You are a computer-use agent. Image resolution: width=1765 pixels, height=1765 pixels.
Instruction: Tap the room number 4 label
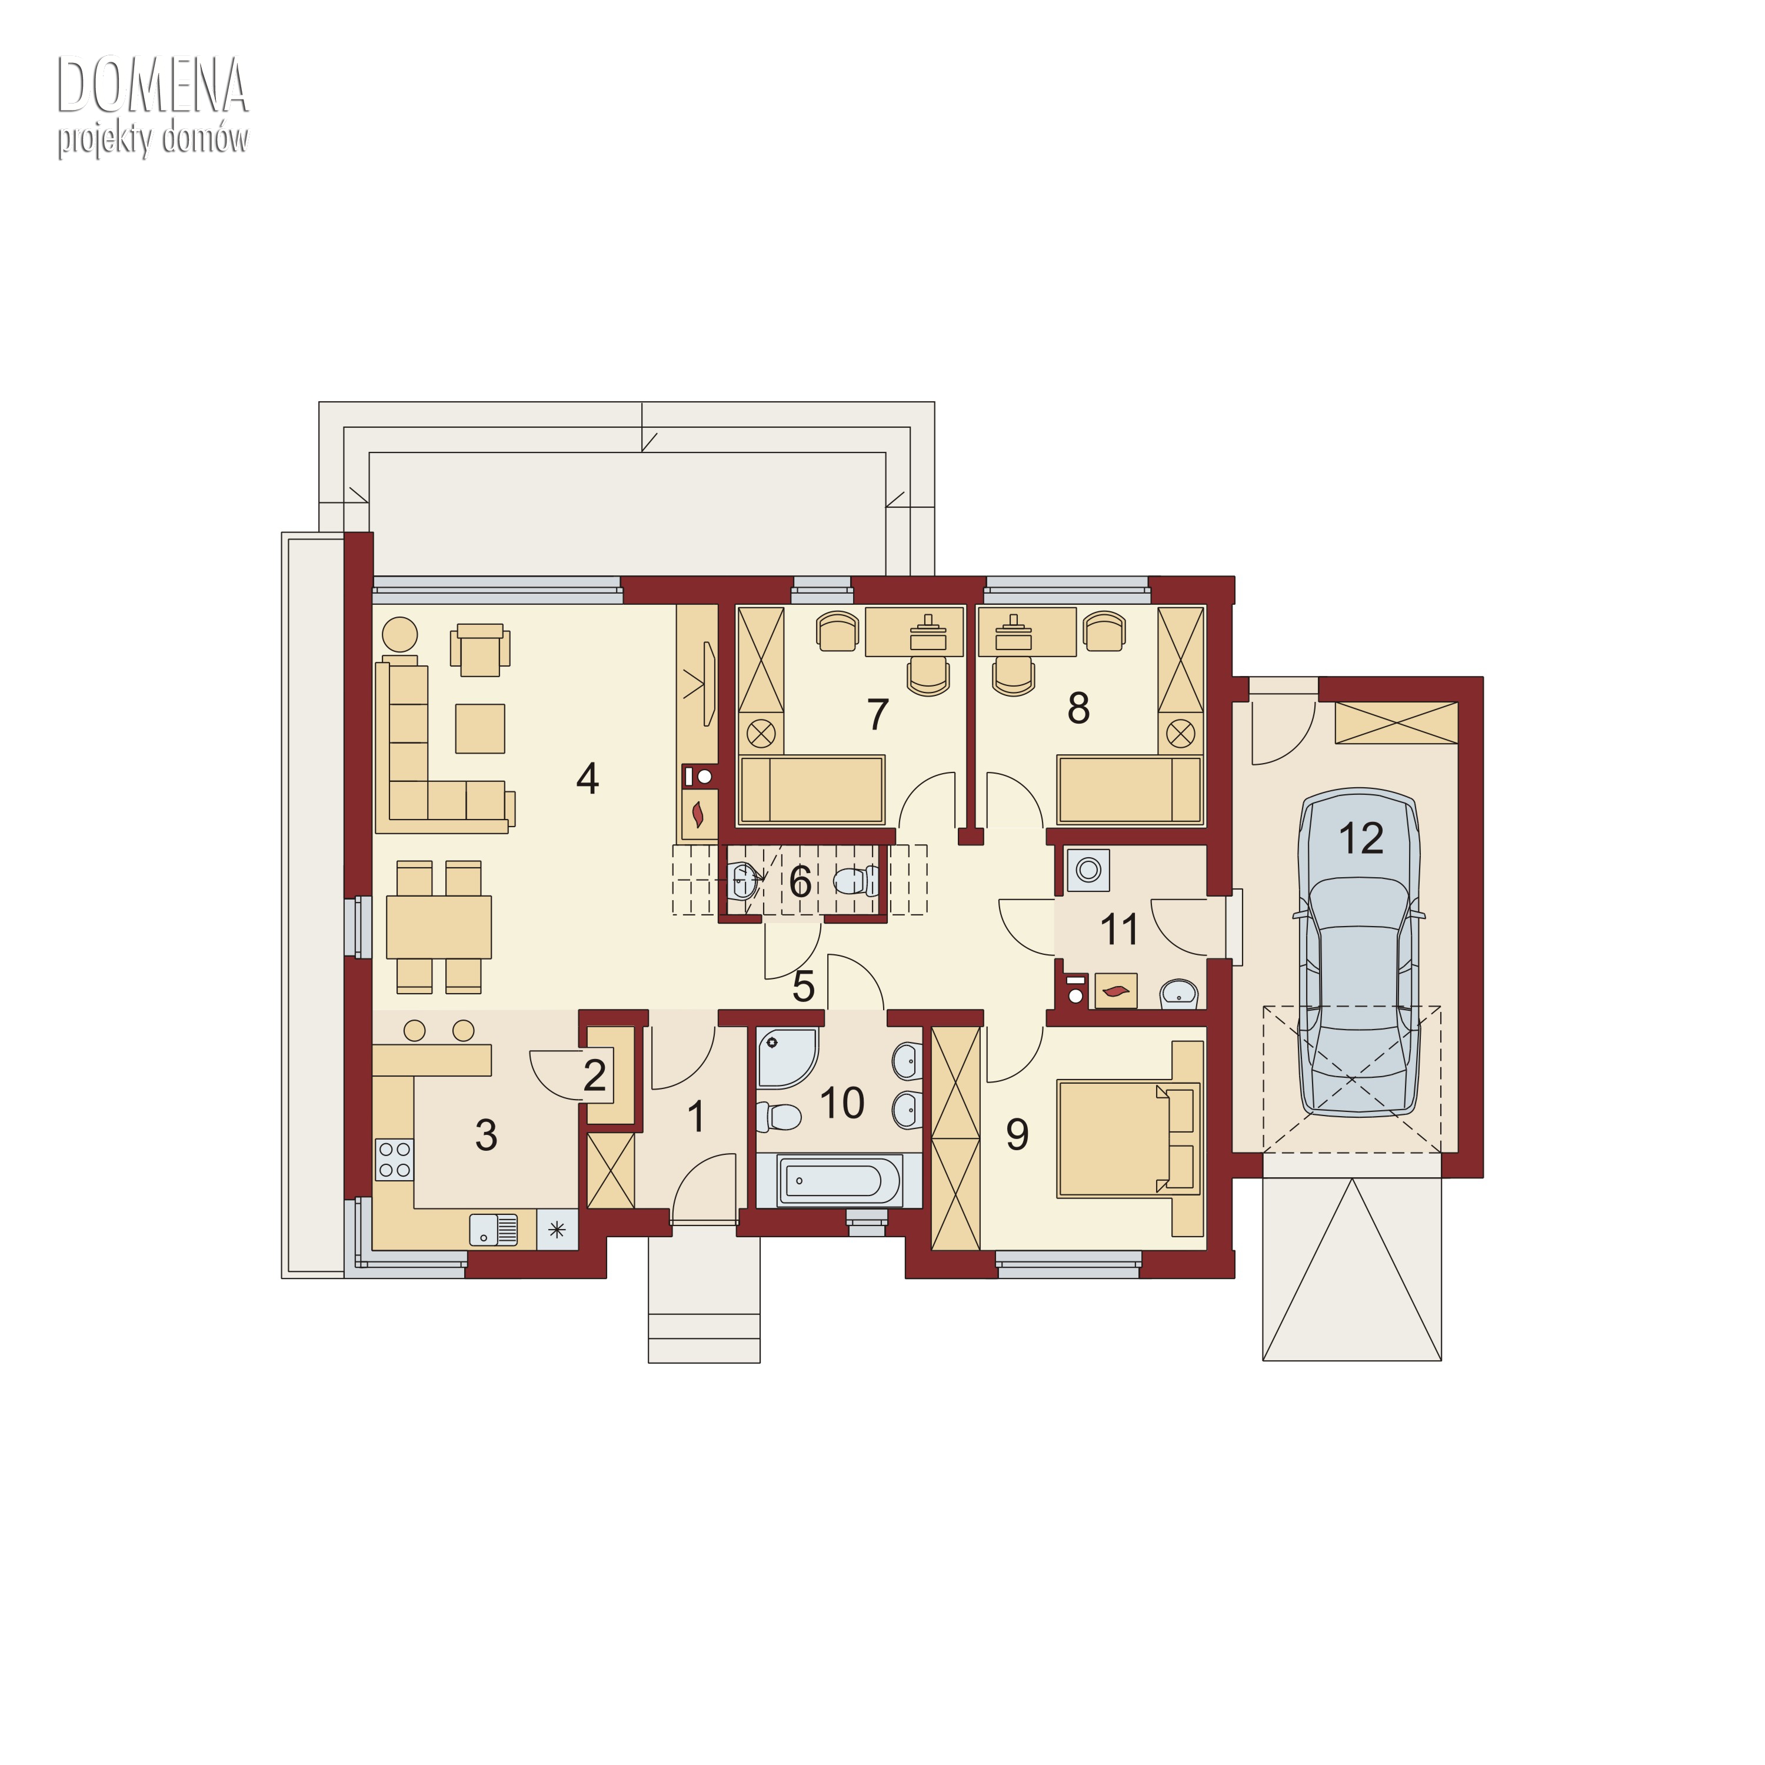[x=587, y=778]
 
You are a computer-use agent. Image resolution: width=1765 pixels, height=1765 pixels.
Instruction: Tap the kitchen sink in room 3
[x=494, y=1230]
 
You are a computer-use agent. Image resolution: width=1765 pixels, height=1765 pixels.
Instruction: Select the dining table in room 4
[x=438, y=927]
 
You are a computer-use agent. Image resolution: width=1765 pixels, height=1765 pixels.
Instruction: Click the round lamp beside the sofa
[x=399, y=634]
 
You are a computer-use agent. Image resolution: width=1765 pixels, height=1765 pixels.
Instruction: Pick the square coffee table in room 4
[x=479, y=728]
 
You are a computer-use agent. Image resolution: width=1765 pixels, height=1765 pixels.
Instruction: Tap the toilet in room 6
[x=855, y=881]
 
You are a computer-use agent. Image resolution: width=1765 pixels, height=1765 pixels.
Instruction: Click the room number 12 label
[x=1360, y=838]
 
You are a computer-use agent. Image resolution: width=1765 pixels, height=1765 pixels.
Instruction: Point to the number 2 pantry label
[x=595, y=1075]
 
